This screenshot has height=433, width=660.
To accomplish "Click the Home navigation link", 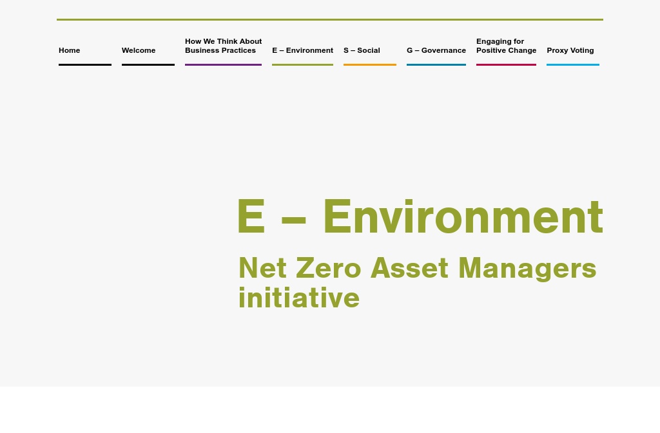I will point(70,50).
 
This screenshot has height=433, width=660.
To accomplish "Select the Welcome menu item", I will point(139,50).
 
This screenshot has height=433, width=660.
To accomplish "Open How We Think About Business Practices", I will point(223,46).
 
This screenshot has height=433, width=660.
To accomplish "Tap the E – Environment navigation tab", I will point(302,50).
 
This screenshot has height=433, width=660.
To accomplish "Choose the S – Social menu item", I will point(362,50).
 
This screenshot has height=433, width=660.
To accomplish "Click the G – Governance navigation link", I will point(436,50).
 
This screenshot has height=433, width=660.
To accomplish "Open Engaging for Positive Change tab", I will point(506,46).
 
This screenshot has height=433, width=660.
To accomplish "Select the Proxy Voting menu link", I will point(570,50).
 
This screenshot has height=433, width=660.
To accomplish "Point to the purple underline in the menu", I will point(223,64).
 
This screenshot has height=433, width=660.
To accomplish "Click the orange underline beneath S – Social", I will point(369,64).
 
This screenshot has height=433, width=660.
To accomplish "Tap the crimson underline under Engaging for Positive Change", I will point(506,64).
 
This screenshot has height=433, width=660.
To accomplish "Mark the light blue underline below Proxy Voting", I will point(572,64).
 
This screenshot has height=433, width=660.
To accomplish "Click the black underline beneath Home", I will point(84,64).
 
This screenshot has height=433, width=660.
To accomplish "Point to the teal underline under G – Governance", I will point(436,64).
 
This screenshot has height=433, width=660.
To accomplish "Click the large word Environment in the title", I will point(463,217).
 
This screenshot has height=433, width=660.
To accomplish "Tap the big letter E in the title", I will point(251,217).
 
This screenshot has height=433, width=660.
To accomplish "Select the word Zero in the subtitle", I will point(328,268).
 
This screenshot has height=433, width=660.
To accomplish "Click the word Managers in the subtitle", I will point(527,268).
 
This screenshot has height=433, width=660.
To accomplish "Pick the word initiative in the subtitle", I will point(298,298).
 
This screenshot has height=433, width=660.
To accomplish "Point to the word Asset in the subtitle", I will point(409,268).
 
